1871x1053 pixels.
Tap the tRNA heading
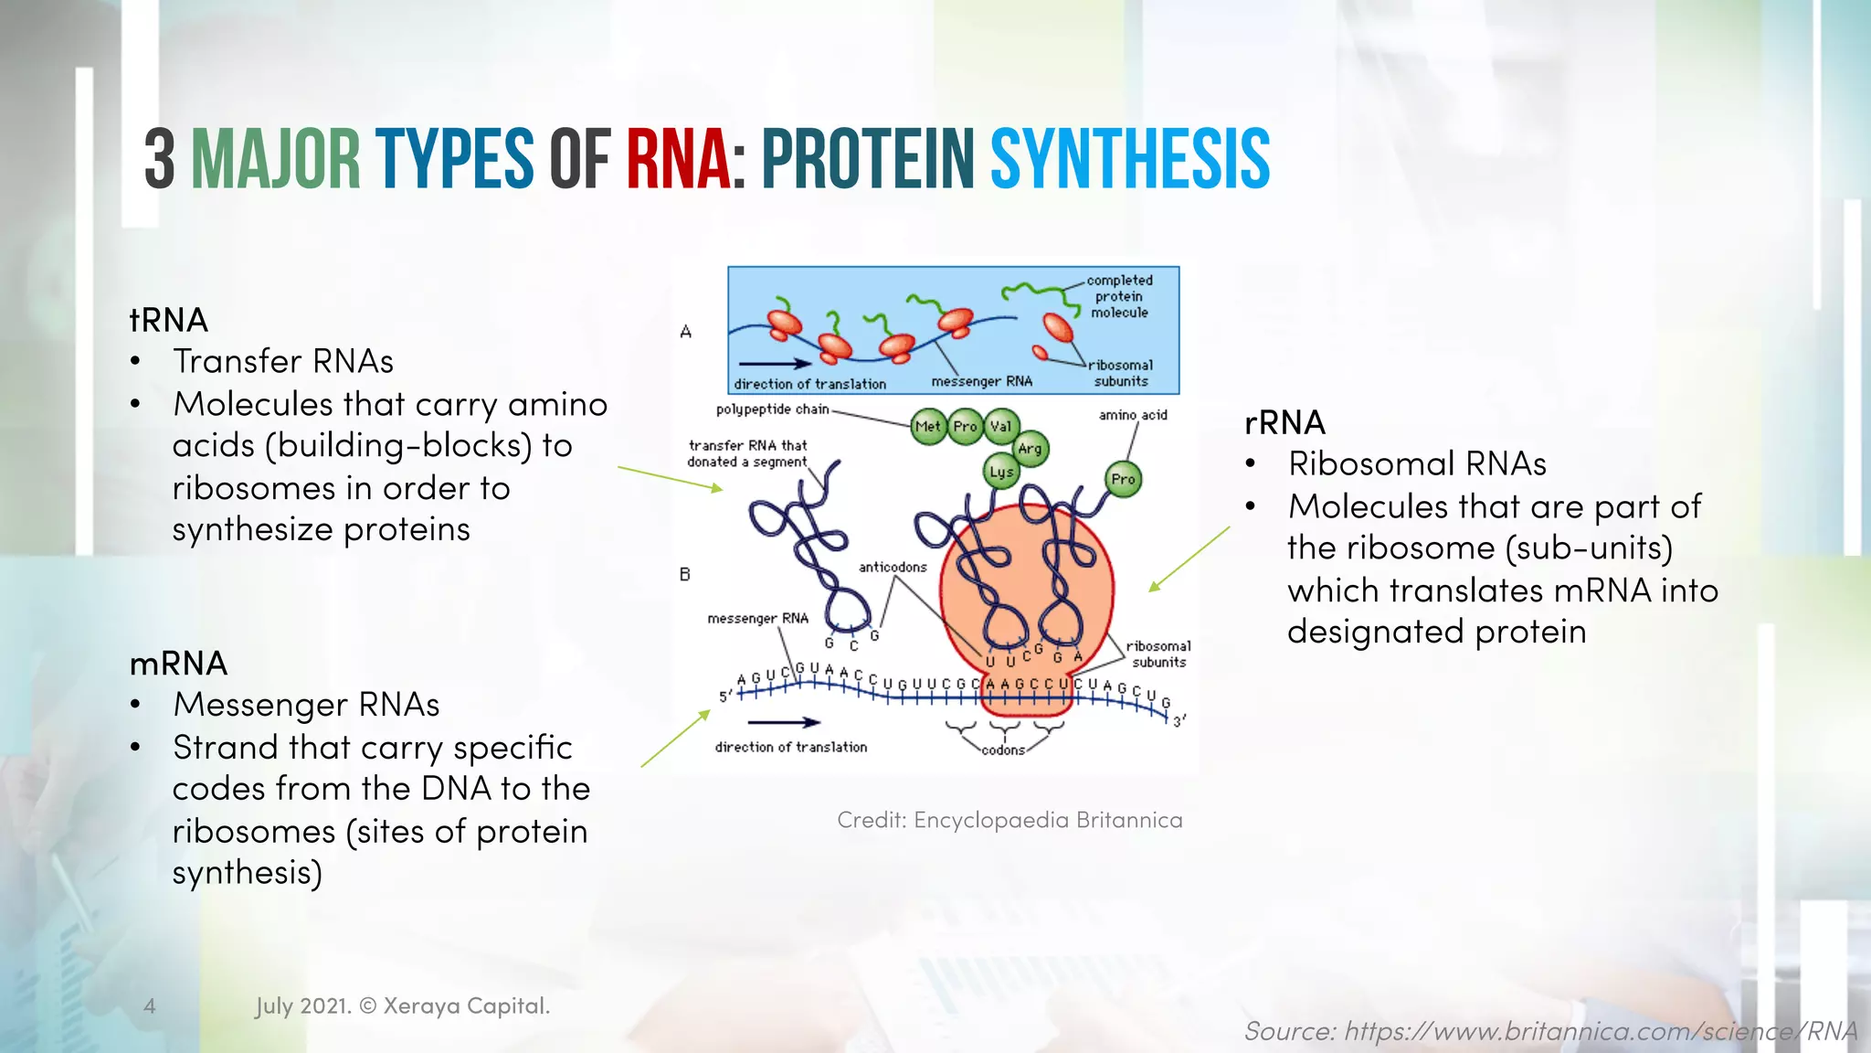169,320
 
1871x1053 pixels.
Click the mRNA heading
178,663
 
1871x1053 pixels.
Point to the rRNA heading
1284,422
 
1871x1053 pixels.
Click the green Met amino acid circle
928,426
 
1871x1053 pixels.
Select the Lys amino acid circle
1001,472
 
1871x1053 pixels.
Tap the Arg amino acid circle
1030,448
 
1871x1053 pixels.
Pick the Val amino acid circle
1001,426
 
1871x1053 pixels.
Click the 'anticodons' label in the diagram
893,567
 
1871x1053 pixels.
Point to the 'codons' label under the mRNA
1003,750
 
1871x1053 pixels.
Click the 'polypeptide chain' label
772,409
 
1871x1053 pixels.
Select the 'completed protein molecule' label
1119,296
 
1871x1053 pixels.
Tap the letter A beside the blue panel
686,332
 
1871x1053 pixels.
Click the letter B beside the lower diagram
685,574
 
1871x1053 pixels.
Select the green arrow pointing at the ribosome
1189,559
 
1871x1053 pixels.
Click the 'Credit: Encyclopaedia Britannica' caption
1009,820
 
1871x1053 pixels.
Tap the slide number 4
150,1005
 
